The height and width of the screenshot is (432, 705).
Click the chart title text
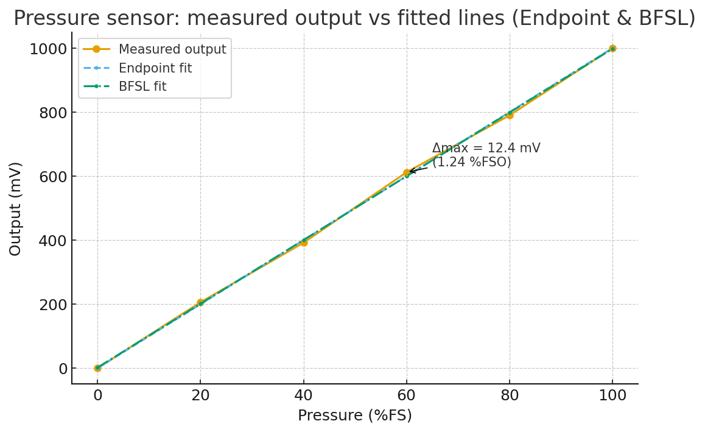click(x=354, y=18)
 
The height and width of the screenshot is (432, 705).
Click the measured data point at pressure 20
click(x=200, y=303)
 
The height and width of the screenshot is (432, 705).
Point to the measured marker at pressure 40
click(x=303, y=243)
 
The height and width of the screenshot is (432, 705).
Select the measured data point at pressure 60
click(x=407, y=173)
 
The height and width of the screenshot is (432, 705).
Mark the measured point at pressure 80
click(x=510, y=115)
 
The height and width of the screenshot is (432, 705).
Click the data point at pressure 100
click(x=612, y=48)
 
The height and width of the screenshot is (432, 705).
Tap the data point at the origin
click(x=97, y=368)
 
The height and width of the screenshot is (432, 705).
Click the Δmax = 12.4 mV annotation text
click(x=486, y=149)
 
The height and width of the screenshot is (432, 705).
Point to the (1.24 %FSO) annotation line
click(x=472, y=163)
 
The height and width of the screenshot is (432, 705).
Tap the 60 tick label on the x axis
click(x=407, y=395)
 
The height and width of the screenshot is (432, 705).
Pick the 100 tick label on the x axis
click(x=612, y=395)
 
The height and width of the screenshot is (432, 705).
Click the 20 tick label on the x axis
click(x=200, y=395)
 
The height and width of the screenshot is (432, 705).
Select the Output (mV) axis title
click(x=16, y=208)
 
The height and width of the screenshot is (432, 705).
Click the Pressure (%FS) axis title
click(x=354, y=416)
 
